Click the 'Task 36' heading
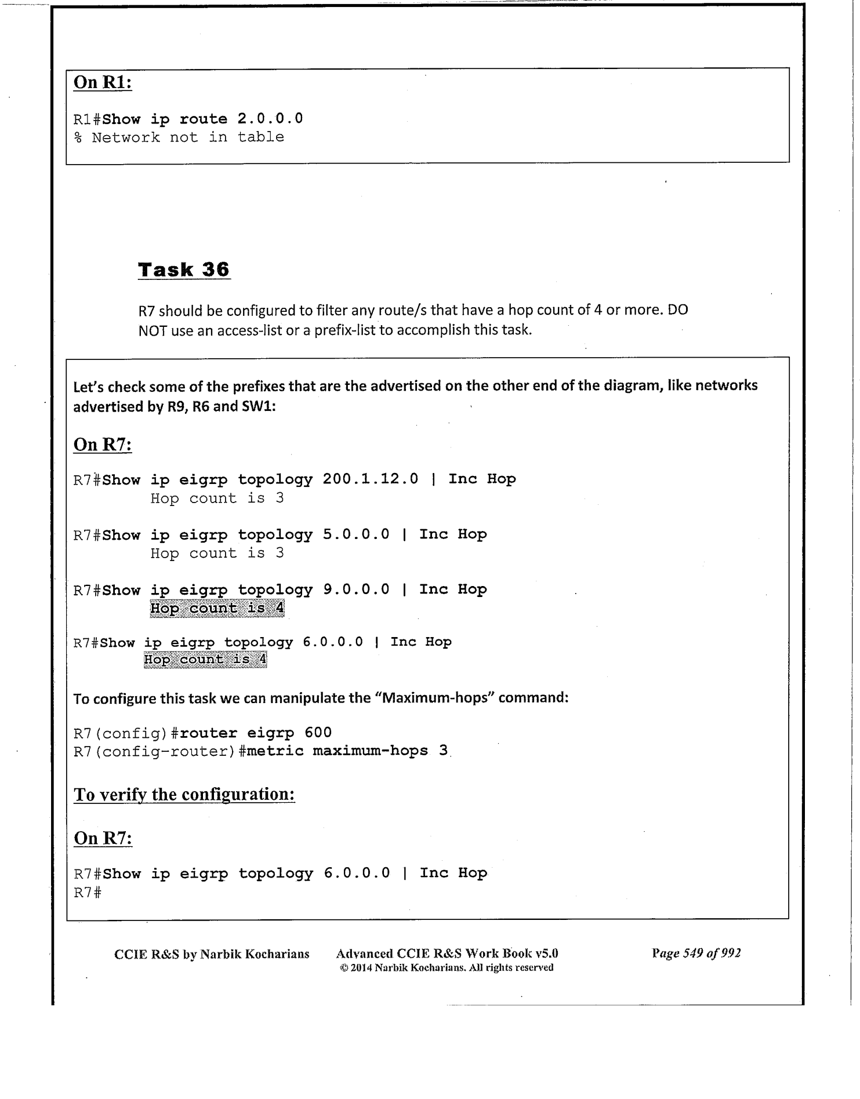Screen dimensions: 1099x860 184,270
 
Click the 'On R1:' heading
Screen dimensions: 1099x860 103,82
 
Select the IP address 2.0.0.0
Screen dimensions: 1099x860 270,119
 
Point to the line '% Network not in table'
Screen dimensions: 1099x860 179,137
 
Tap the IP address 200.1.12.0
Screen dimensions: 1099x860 370,479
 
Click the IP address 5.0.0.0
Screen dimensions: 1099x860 356,534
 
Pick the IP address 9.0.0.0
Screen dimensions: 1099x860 356,589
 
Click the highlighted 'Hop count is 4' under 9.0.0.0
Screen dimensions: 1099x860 217,609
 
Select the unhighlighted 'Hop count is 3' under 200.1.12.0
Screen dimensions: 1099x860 217,498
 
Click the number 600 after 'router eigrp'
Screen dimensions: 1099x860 318,733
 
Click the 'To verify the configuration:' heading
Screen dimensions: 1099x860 184,794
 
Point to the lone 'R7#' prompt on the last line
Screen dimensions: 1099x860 88,893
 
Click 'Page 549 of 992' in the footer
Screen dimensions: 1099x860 696,954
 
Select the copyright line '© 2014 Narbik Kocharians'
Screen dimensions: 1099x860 447,967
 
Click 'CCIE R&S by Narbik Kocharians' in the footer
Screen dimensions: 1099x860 212,954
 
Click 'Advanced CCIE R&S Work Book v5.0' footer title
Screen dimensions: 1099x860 447,954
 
